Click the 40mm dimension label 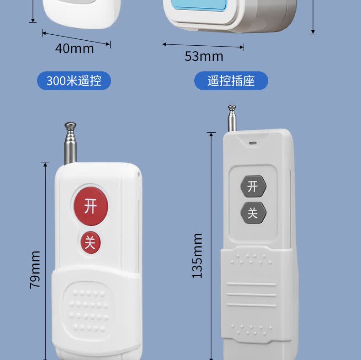click(74, 48)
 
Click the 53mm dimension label click(204, 56)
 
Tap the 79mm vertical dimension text click(35, 269)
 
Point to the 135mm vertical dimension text click(197, 256)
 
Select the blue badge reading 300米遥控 click(74, 81)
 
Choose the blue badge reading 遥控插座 click(231, 81)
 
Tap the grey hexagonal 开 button click(253, 186)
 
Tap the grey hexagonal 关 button click(253, 213)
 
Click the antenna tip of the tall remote click(232, 107)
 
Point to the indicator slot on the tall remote click(253, 143)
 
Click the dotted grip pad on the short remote click(89, 310)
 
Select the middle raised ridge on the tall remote click(251, 295)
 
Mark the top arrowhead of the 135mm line click(211, 134)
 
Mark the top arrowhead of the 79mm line click(45, 164)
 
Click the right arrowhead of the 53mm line click(242, 47)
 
